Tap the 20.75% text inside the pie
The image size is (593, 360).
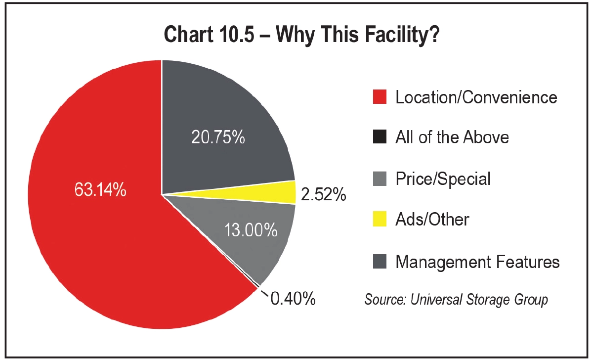(x=218, y=137)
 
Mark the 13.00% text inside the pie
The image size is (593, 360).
(x=251, y=230)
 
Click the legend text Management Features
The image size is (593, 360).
(x=477, y=261)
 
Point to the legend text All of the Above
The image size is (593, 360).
(x=452, y=137)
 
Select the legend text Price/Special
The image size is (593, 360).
(x=443, y=179)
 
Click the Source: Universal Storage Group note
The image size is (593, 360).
(x=456, y=300)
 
